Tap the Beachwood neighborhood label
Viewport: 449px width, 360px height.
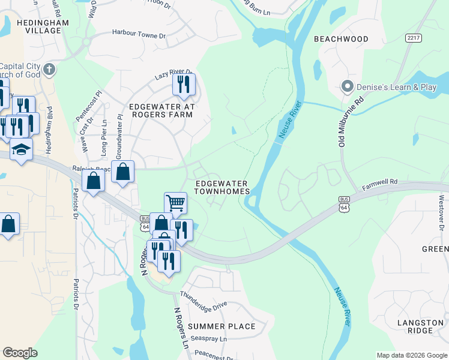coord(341,38)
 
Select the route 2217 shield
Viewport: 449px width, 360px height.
coord(413,37)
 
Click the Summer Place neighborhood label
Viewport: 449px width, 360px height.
coord(221,326)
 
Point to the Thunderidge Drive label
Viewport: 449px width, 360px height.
coord(203,301)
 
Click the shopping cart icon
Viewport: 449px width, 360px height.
coord(175,202)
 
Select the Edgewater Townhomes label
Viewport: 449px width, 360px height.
coord(221,187)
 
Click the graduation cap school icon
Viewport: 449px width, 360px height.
coord(21,149)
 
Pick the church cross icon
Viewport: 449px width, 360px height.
coord(49,69)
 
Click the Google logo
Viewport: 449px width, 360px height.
coord(20,353)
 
